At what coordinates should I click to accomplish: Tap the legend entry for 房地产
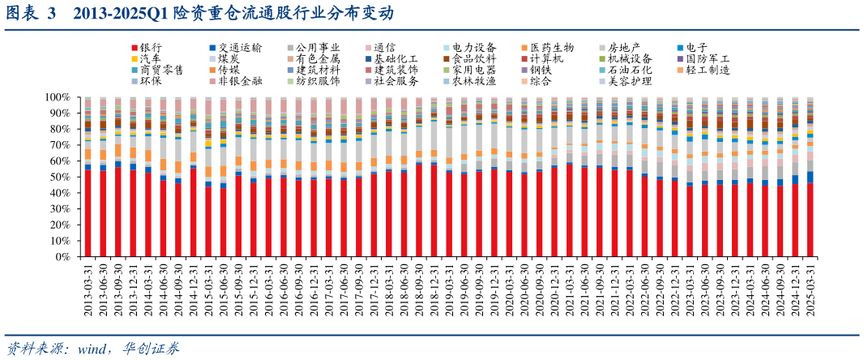coord(624,49)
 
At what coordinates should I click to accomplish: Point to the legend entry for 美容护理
coord(629,80)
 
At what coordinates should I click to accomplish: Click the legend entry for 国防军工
coord(708,59)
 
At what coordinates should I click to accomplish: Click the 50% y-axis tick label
coord(62,177)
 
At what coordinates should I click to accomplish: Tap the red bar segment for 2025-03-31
coord(811,220)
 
